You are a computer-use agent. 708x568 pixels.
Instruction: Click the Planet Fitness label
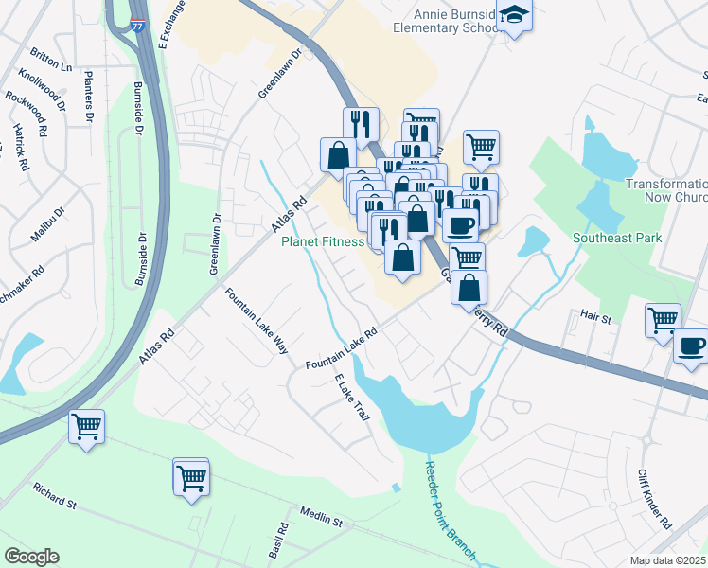pyautogui.click(x=323, y=241)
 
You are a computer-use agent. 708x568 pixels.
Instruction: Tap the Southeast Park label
pyautogui.click(x=617, y=239)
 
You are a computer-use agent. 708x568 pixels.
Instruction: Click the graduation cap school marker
pyautogui.click(x=515, y=16)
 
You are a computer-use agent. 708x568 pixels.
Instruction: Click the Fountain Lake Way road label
pyautogui.click(x=256, y=321)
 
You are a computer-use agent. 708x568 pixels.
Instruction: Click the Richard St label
pyautogui.click(x=55, y=495)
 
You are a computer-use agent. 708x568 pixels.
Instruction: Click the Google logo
pyautogui.click(x=31, y=557)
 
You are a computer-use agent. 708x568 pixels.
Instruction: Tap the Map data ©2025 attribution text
pyautogui.click(x=668, y=560)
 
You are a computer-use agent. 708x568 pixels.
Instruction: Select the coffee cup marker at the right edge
pyautogui.click(x=692, y=346)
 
